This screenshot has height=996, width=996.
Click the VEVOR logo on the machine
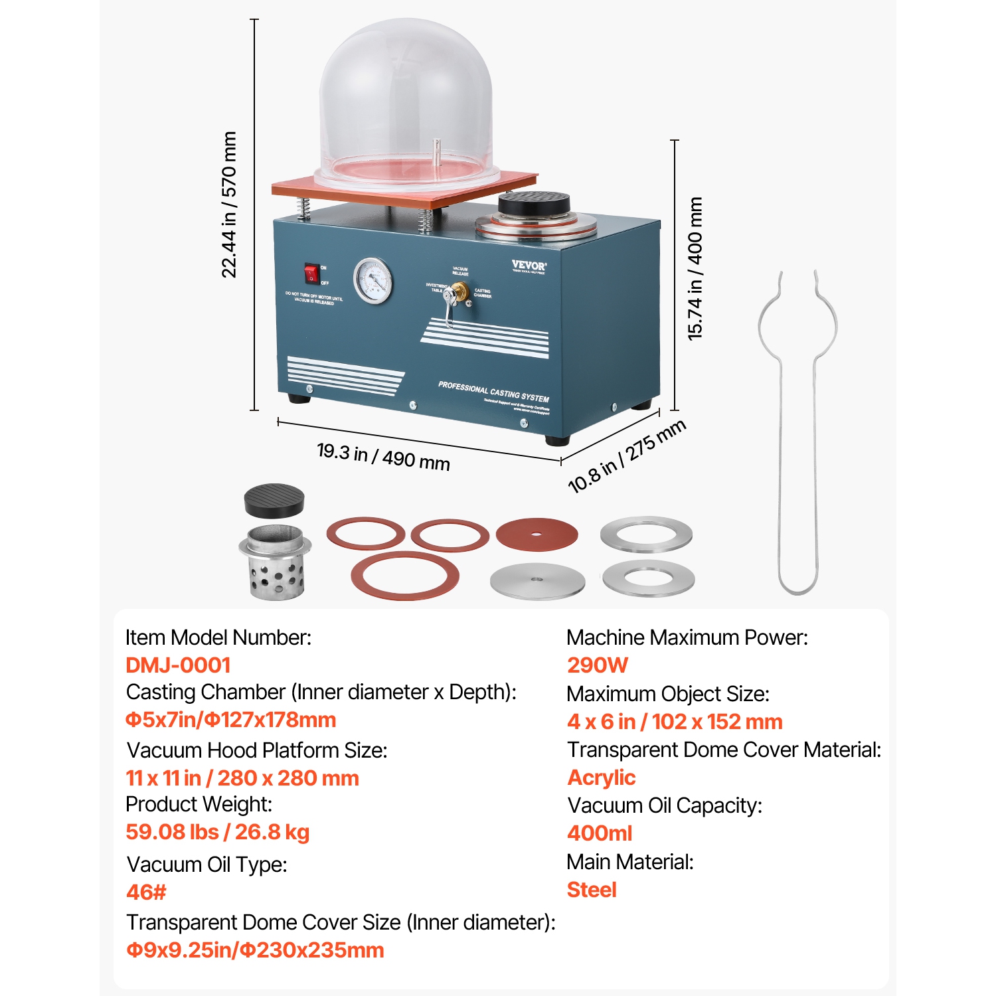[529, 266]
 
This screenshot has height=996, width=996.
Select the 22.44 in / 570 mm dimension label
[229, 205]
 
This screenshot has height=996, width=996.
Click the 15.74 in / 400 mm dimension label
[695, 269]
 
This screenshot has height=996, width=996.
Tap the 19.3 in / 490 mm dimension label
[383, 456]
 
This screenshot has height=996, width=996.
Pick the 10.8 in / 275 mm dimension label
[626, 456]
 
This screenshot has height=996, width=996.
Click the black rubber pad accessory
[274, 500]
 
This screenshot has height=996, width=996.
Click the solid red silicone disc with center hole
[537, 533]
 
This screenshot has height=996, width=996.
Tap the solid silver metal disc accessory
[537, 582]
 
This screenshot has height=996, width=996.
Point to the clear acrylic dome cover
[406, 100]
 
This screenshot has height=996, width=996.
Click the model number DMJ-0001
[178, 665]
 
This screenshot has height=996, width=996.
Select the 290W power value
[598, 665]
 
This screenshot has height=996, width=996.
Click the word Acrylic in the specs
[602, 778]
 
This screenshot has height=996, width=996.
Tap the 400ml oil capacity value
[600, 833]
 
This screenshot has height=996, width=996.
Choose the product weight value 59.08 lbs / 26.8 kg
[218, 832]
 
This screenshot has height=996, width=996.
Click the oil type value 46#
[146, 892]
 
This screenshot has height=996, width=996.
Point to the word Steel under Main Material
[592, 890]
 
